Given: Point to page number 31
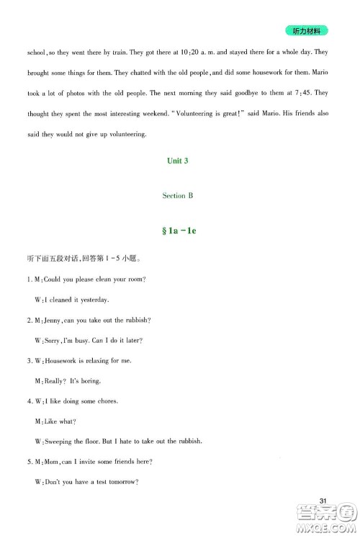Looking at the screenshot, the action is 323,501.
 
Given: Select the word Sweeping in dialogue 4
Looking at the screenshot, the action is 58,441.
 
